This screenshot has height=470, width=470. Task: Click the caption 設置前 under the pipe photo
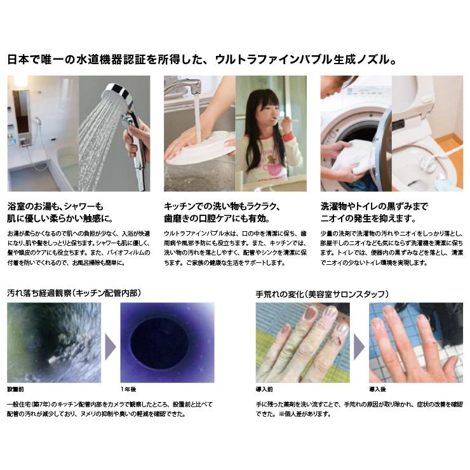click(15, 388)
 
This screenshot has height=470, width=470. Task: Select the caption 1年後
click(128, 388)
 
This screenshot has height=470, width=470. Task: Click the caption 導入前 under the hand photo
click(264, 388)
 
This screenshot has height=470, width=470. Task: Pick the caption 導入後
click(378, 388)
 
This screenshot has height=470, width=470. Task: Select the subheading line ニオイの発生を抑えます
click(368, 218)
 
